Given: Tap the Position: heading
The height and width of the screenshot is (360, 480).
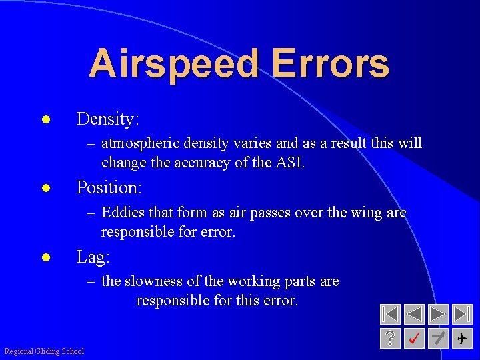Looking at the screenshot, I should [x=109, y=188].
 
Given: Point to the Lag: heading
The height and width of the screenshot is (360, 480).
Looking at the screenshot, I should [x=93, y=257].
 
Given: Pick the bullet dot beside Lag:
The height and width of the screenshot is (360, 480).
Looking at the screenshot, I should [x=46, y=258].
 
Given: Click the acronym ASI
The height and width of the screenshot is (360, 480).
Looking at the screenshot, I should [x=287, y=162].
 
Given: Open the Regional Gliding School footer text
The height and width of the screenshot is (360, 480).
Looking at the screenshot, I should [x=44, y=351].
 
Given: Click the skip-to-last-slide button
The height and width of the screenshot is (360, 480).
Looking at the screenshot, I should [x=462, y=314].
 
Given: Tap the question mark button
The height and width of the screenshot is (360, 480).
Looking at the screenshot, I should [x=390, y=339].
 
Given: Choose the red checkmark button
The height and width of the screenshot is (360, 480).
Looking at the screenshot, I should [x=414, y=339].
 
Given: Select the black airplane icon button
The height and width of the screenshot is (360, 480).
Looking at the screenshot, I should [x=461, y=339].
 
